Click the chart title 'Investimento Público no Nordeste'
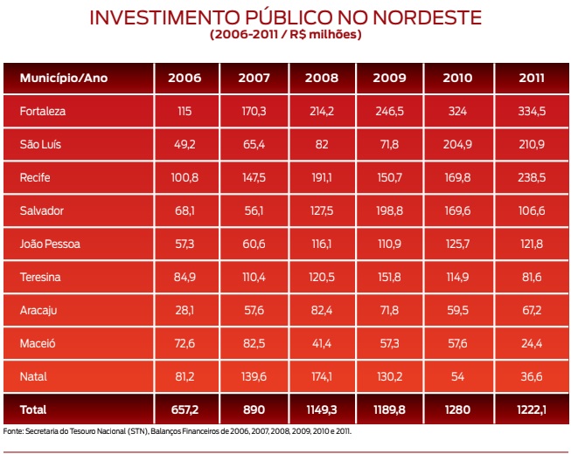285,17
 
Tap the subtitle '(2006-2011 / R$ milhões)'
285,35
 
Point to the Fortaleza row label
43,111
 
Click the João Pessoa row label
50,244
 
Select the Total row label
33,409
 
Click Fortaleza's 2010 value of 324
457,111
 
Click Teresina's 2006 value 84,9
185,277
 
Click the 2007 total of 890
252,409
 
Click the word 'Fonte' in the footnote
13,431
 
